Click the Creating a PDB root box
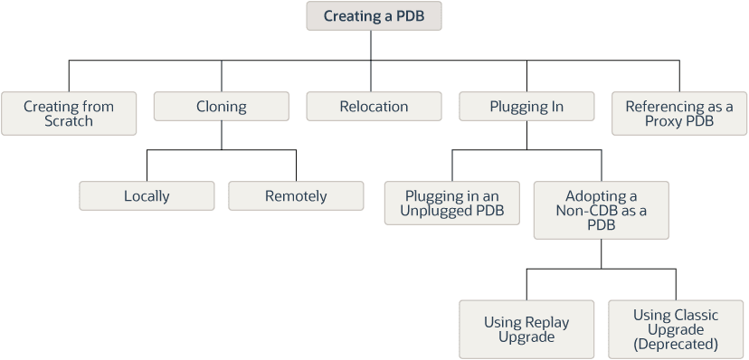click(374, 15)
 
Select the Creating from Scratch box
click(69, 114)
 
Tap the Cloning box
click(221, 106)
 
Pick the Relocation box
click(374, 106)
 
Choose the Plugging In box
click(526, 106)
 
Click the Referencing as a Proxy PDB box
click(679, 114)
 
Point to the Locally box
click(147, 195)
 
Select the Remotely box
click(296, 195)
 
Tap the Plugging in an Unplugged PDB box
click(452, 203)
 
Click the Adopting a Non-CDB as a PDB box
click(601, 210)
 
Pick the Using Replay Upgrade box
click(526, 329)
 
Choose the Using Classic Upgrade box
click(676, 329)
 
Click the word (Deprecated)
click(676, 344)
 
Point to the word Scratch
click(69, 121)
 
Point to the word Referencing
click(660, 107)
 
